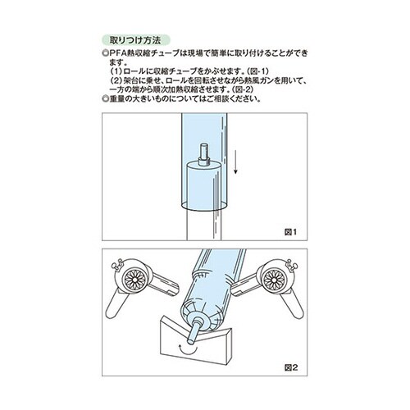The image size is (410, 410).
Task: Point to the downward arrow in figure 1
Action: pos(235,161)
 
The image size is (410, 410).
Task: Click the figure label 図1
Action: pos(291,231)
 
